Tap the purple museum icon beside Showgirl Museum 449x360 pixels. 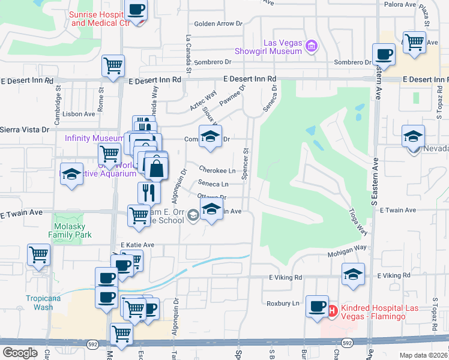coord(311,46)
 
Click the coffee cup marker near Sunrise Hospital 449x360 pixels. coord(136,10)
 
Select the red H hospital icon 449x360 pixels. coord(333,310)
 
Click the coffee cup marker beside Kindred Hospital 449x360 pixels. coord(316,305)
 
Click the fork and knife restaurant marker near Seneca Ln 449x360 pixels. coord(147,192)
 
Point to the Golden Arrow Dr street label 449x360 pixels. coord(218,24)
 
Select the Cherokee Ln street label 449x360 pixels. coord(217,170)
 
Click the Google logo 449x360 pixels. coord(20,352)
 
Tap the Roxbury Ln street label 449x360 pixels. coord(283,304)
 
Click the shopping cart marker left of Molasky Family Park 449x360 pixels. coord(39,254)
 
